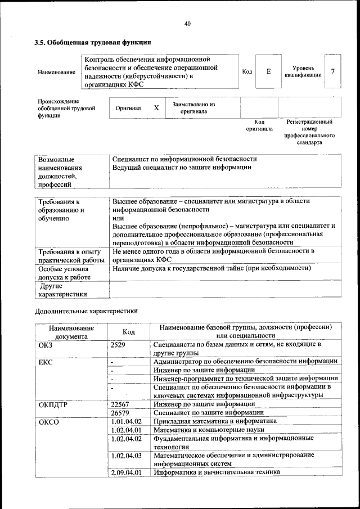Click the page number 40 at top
click(187, 23)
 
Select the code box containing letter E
click(268, 71)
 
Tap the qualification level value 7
click(334, 71)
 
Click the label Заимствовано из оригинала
click(193, 107)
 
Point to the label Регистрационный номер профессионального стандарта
click(309, 132)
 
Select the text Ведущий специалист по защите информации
click(181, 168)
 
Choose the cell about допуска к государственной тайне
click(211, 269)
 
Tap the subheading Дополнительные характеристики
click(86, 310)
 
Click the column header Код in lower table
click(128, 332)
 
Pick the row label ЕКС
click(46, 362)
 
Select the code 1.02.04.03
click(126, 455)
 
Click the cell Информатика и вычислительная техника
click(217, 472)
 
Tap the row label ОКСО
click(49, 421)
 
